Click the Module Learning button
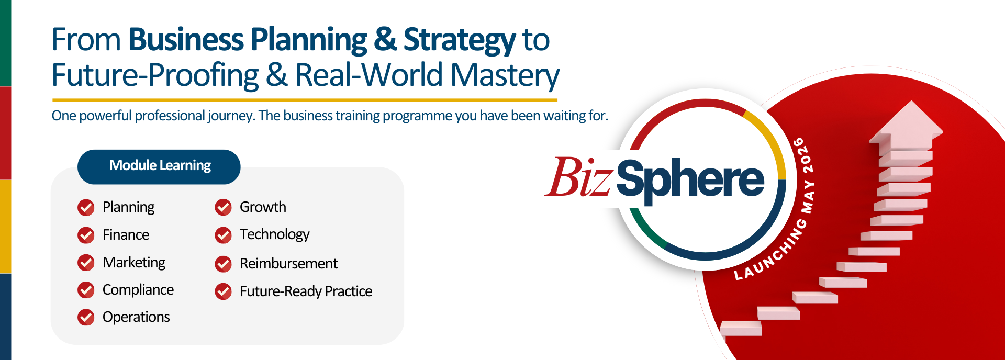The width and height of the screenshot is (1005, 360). (x=159, y=167)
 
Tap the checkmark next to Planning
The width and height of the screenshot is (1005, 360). (x=86, y=208)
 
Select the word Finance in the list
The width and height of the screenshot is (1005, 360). (x=126, y=235)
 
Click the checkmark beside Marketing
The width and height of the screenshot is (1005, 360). (x=86, y=263)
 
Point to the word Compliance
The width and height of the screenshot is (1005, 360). (x=138, y=290)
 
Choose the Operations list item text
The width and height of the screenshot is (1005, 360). (x=136, y=317)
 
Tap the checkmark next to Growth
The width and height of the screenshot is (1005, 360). (x=224, y=207)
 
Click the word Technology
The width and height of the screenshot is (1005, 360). (x=275, y=234)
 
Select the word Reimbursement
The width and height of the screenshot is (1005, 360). (x=288, y=263)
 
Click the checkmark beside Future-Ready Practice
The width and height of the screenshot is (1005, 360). (x=224, y=291)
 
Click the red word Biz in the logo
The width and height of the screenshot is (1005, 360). (x=578, y=177)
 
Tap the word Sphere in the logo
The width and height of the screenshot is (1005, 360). (x=690, y=179)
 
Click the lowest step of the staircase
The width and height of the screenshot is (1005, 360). (x=741, y=329)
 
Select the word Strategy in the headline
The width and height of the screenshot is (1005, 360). (x=460, y=41)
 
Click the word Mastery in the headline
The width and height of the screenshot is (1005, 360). (x=505, y=75)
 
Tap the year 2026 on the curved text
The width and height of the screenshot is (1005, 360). (x=802, y=155)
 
